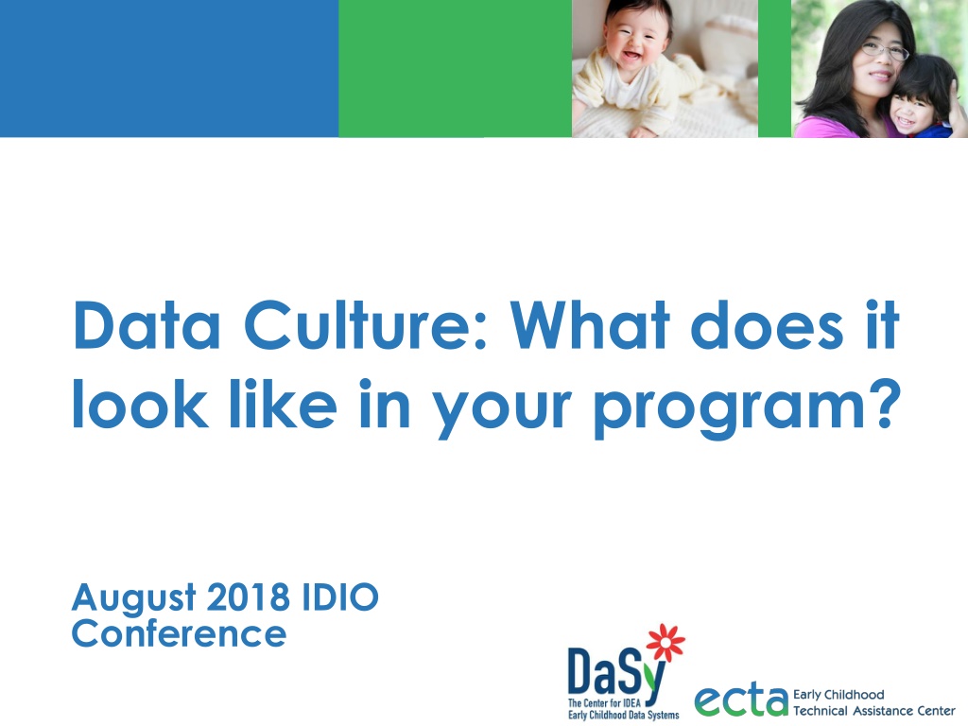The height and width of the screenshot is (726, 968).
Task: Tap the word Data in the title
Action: tap(147, 325)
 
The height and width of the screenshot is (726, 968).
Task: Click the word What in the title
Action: tap(590, 325)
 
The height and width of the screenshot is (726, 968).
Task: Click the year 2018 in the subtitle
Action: tap(249, 597)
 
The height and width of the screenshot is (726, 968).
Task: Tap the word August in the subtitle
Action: tap(134, 598)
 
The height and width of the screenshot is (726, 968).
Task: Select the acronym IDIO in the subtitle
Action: tap(340, 597)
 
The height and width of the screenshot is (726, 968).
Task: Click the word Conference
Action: tap(179, 634)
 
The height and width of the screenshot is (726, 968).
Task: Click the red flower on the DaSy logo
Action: tap(665, 642)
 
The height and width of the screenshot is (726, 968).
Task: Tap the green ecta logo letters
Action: tap(741, 700)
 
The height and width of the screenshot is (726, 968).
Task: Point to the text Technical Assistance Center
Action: tap(874, 711)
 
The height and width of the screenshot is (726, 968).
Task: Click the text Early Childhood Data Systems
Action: tap(624, 715)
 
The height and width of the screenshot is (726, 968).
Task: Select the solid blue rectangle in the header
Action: tap(169, 68)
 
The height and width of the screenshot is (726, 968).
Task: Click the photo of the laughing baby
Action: tap(665, 68)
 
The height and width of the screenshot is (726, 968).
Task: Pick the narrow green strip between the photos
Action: tap(775, 68)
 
